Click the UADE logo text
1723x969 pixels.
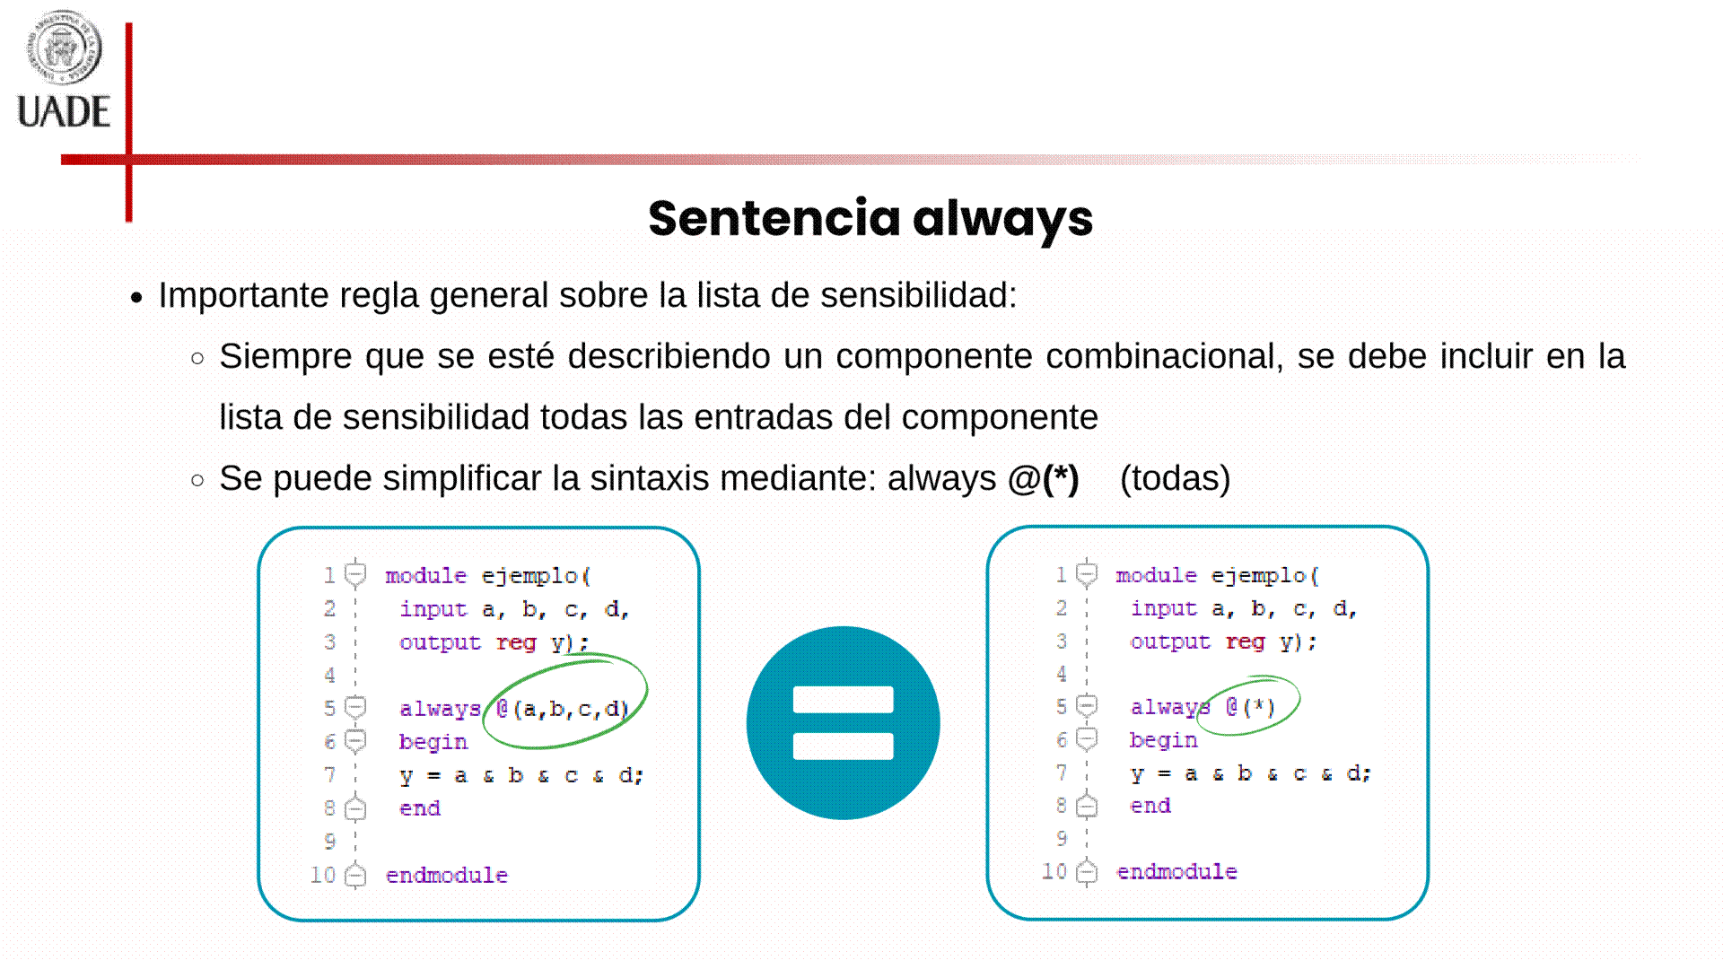point(64,112)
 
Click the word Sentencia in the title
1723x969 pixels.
point(774,218)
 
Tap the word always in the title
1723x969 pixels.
point(1003,220)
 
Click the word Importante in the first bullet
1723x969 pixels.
point(243,295)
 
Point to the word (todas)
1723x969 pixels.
point(1176,478)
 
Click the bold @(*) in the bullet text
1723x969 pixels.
point(1043,478)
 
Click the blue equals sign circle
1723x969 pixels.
point(844,723)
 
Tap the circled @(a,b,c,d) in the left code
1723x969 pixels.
point(563,709)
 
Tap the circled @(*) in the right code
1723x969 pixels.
point(1250,707)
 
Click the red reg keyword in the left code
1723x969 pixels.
point(516,642)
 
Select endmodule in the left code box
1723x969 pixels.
point(447,875)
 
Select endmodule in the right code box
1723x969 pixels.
point(1176,871)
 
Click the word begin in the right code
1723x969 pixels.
point(1164,740)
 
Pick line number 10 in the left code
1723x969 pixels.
point(323,875)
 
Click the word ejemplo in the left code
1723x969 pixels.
point(529,576)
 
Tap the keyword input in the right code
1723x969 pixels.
point(1164,608)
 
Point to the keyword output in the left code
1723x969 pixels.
point(440,642)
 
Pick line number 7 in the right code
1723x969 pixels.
point(1062,773)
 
